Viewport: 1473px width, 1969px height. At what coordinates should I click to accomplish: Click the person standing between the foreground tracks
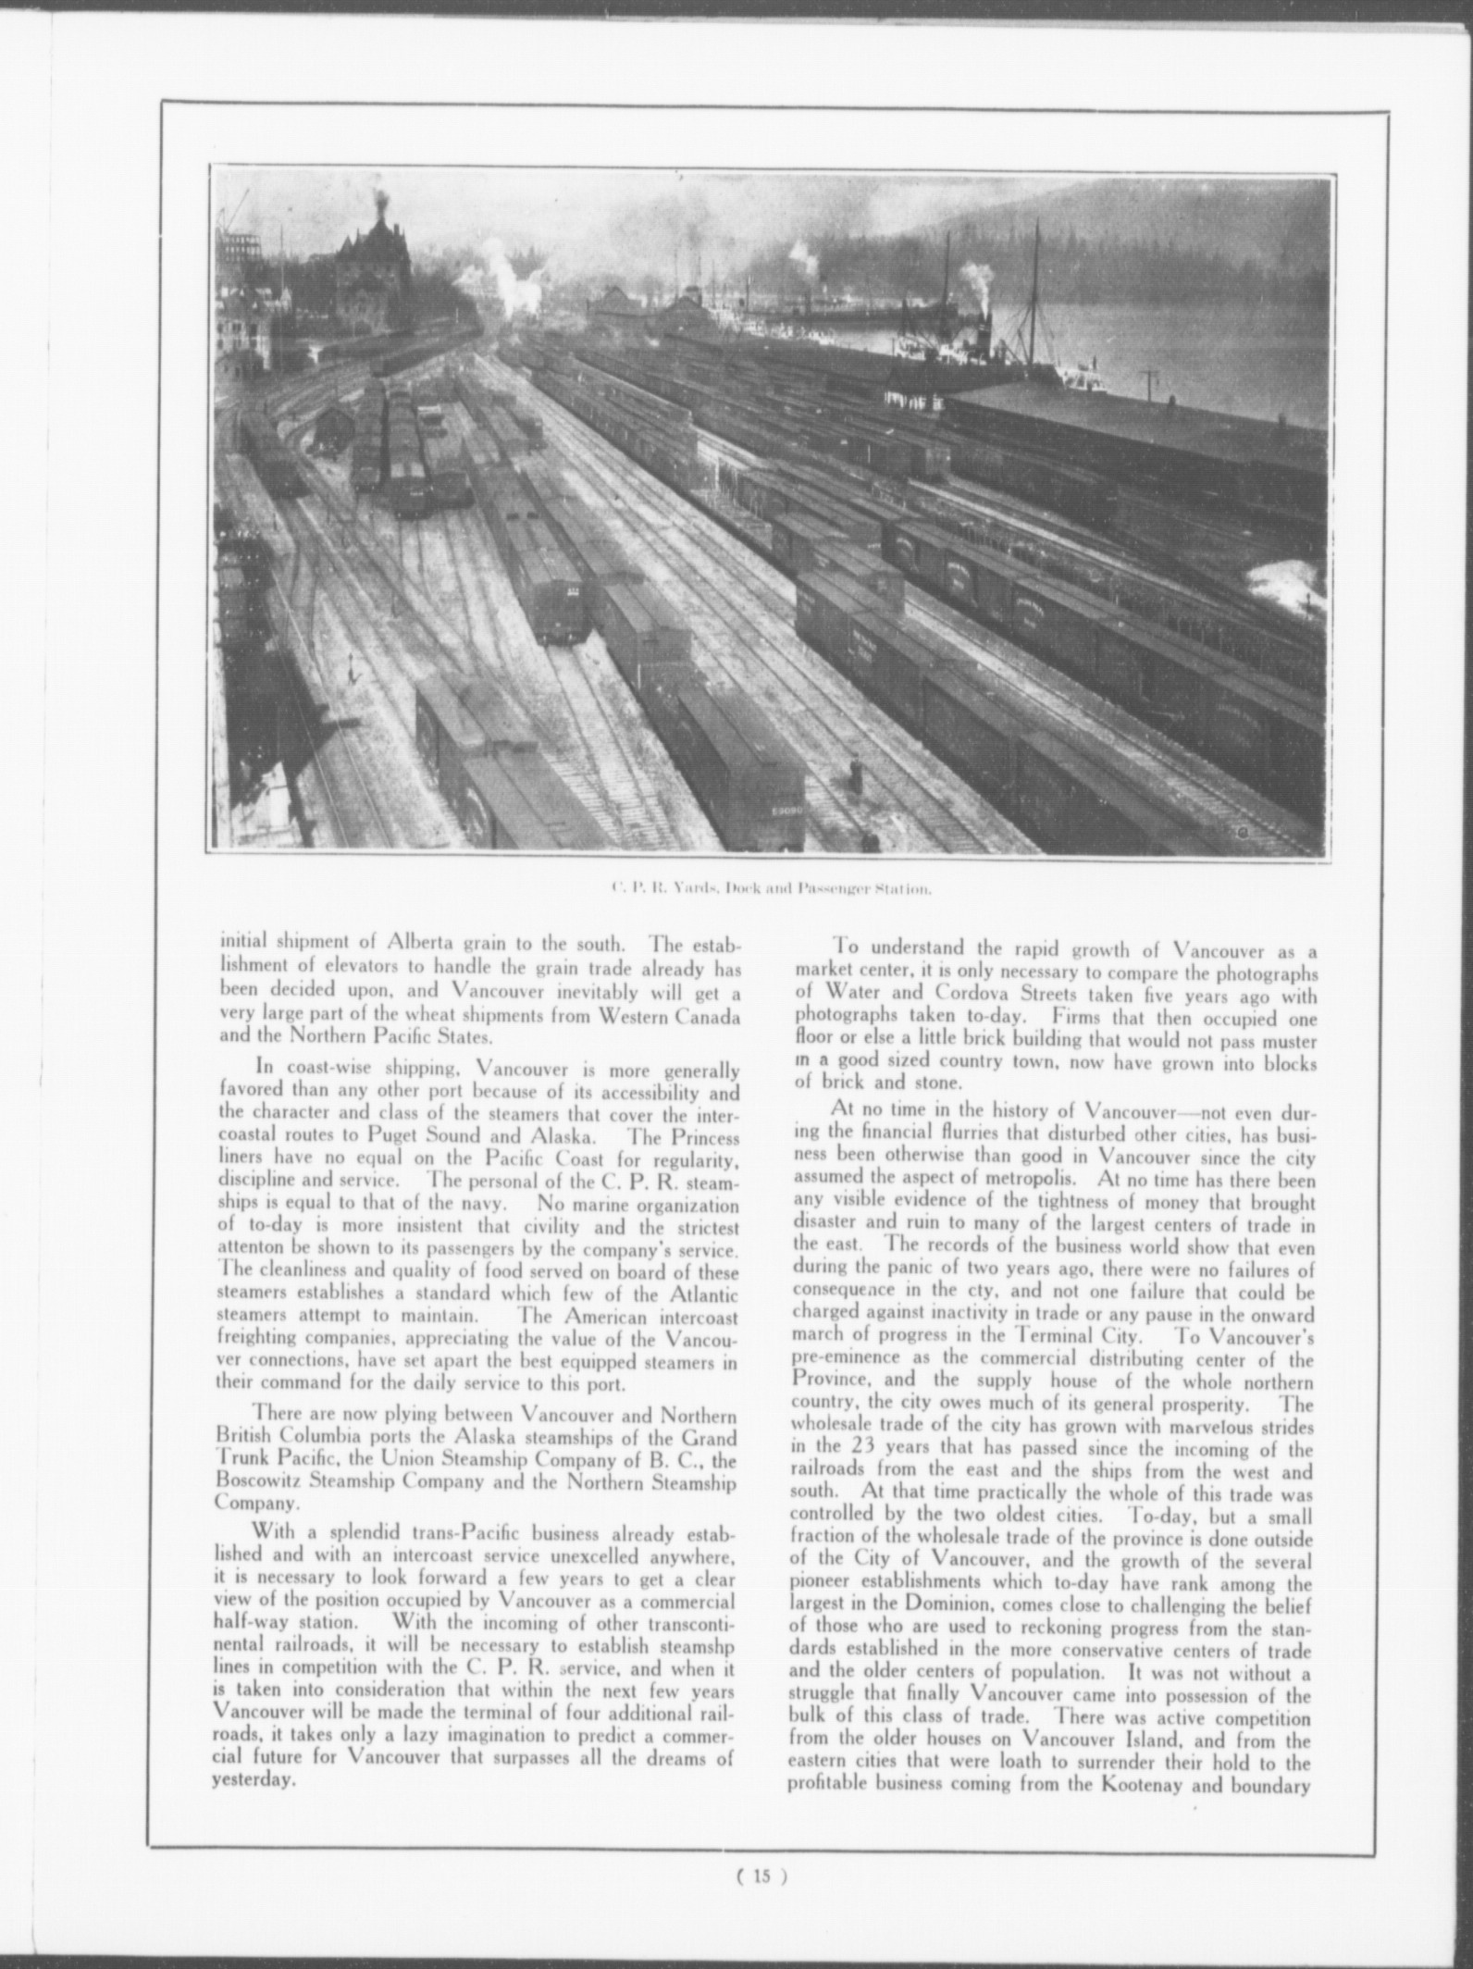pyautogui.click(x=856, y=775)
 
